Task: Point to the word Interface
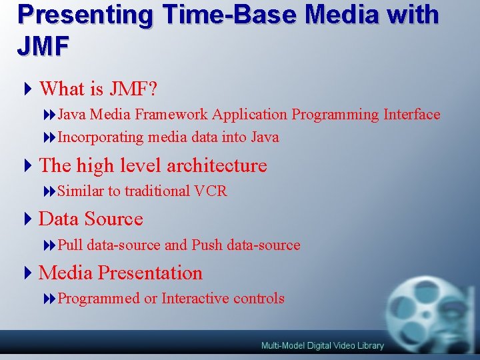tap(411, 115)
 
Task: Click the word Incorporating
tap(101, 137)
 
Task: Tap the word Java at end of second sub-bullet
tap(265, 137)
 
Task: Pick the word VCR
tap(211, 191)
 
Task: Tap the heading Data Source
tap(91, 219)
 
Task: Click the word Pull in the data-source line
tap(70, 245)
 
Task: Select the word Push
tap(207, 245)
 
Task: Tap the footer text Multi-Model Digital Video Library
tap(322, 345)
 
